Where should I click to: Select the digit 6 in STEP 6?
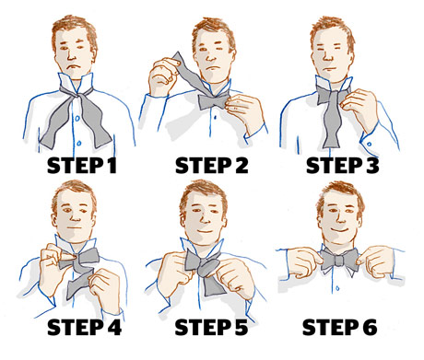click(390, 328)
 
